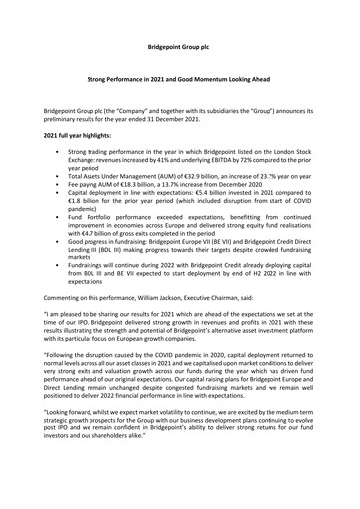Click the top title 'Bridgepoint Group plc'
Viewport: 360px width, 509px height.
click(179, 47)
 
